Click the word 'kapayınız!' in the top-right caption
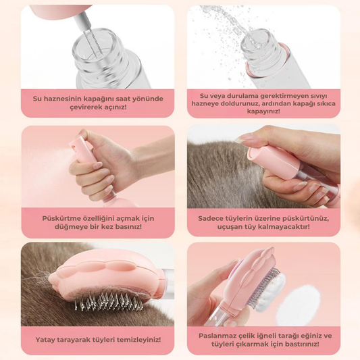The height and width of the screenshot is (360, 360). tap(263, 111)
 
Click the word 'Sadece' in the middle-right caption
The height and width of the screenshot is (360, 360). tap(208, 218)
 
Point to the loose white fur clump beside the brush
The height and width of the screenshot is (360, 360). tap(298, 303)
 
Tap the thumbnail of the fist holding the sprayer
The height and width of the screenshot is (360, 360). tap(98, 165)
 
